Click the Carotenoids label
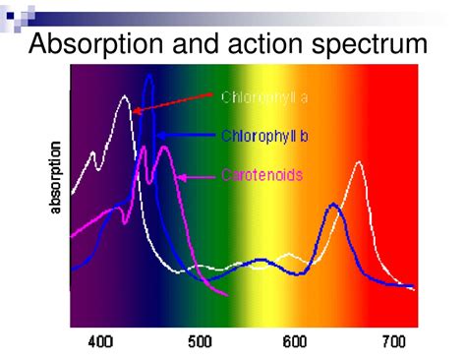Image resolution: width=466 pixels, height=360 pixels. [x=261, y=175]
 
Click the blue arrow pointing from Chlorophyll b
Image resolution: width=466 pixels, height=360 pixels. [x=187, y=134]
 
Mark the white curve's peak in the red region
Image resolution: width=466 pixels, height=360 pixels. [x=359, y=163]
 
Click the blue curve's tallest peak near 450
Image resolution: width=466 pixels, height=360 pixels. [x=148, y=76]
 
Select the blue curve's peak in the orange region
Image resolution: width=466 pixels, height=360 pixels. [x=334, y=205]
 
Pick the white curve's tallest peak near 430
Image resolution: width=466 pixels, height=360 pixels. [x=125, y=96]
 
